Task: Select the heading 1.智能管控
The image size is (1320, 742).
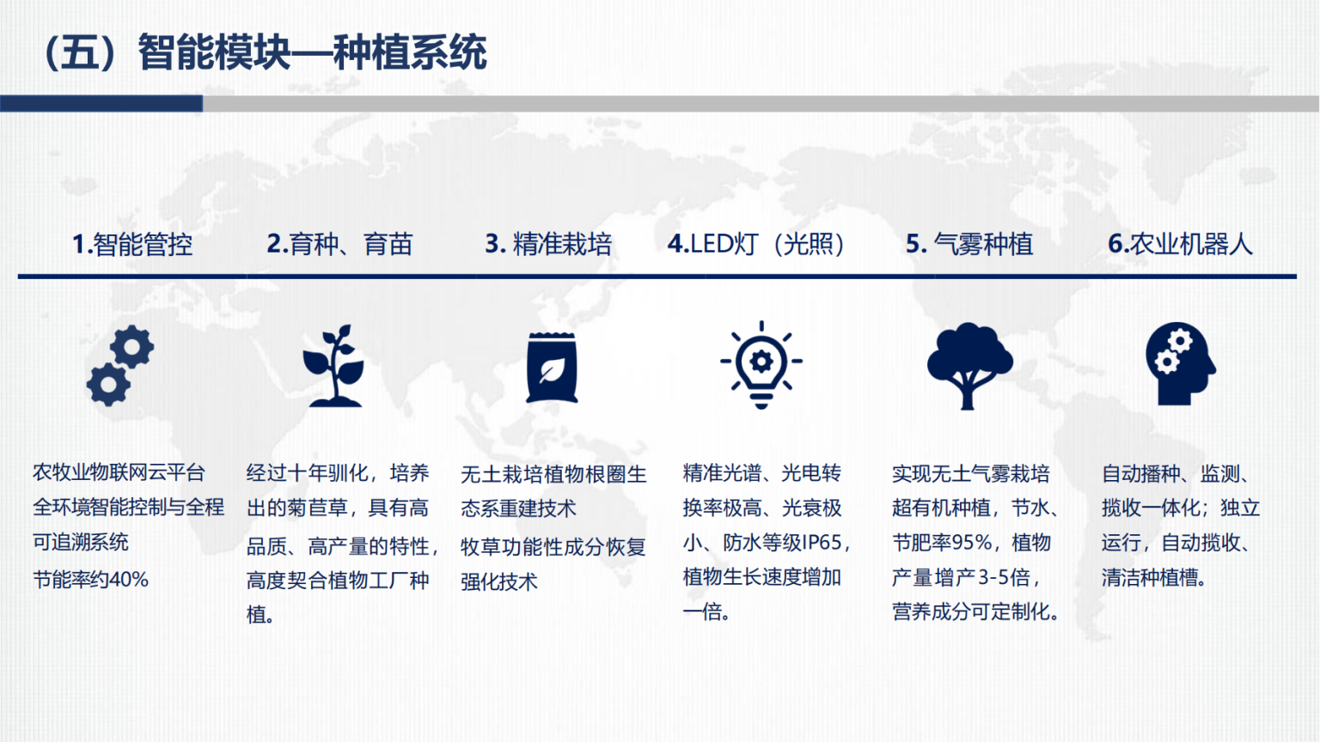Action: click(x=132, y=245)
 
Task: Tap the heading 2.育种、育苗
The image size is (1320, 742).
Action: click(x=339, y=244)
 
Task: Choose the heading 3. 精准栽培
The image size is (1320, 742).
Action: click(x=548, y=244)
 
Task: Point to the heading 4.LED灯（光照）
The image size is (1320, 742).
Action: click(x=756, y=244)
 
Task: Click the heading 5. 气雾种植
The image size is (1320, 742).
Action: click(x=969, y=244)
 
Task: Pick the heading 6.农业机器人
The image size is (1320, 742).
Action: click(x=1180, y=244)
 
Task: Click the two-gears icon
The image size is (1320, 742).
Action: click(x=120, y=366)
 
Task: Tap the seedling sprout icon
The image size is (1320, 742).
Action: click(x=333, y=365)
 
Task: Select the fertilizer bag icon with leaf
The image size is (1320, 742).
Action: click(x=553, y=368)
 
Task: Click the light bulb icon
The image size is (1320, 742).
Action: click(x=761, y=365)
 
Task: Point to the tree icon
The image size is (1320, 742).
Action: click(x=969, y=366)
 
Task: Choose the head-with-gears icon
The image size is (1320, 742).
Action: click(x=1180, y=364)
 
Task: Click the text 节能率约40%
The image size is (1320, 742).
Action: click(x=90, y=580)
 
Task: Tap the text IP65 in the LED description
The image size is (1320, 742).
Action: click(x=821, y=543)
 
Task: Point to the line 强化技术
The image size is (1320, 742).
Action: click(x=499, y=581)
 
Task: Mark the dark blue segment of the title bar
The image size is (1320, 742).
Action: click(x=101, y=104)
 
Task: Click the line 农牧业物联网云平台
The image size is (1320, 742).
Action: click(x=119, y=472)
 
